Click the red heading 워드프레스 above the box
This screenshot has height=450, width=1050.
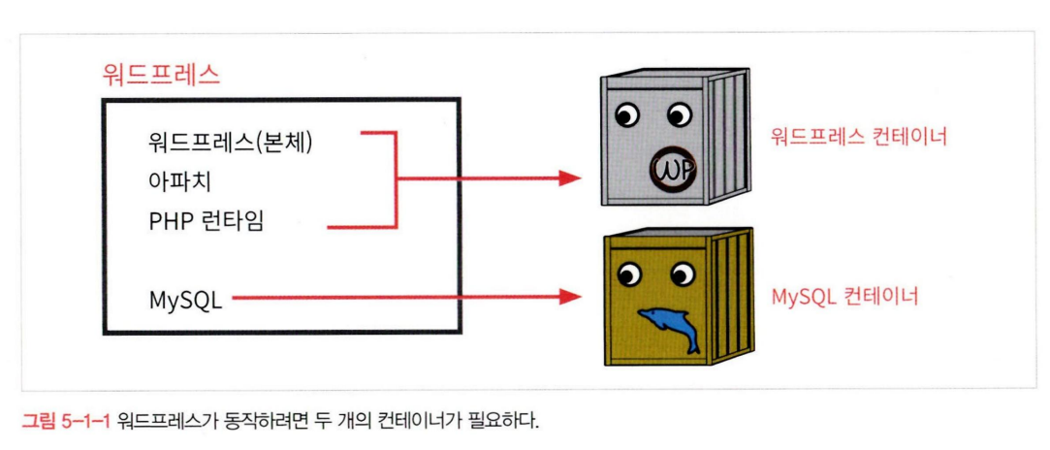pos(161,74)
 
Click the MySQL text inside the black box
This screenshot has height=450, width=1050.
pos(185,300)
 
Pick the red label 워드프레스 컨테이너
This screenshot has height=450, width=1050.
pos(858,137)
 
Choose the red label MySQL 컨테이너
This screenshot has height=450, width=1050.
pos(844,296)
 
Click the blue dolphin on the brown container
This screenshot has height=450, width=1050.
pos(669,327)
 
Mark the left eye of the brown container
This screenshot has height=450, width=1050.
pos(629,275)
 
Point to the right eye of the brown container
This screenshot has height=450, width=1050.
pos(680,274)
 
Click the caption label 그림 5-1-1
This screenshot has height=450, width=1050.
pos(65,421)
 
